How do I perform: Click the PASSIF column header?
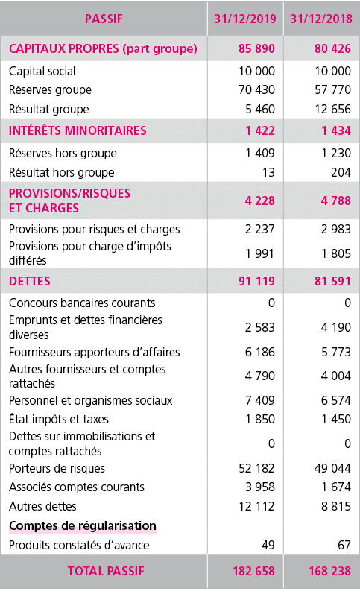click(x=104, y=18)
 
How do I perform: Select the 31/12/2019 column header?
click(x=244, y=18)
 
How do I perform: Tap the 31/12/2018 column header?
click(x=319, y=18)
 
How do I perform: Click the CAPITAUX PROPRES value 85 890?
click(x=254, y=49)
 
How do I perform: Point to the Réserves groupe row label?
click(x=50, y=89)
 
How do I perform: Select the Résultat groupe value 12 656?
click(x=329, y=108)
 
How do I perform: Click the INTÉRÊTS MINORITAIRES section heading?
click(x=78, y=130)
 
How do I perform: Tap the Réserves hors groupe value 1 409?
click(x=259, y=154)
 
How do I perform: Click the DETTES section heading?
click(x=31, y=281)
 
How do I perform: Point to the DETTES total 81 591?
click(x=329, y=281)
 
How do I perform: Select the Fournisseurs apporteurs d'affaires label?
click(x=94, y=351)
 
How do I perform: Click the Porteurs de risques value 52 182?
click(x=256, y=468)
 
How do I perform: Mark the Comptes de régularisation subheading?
click(x=82, y=526)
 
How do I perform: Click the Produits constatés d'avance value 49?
click(x=268, y=545)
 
